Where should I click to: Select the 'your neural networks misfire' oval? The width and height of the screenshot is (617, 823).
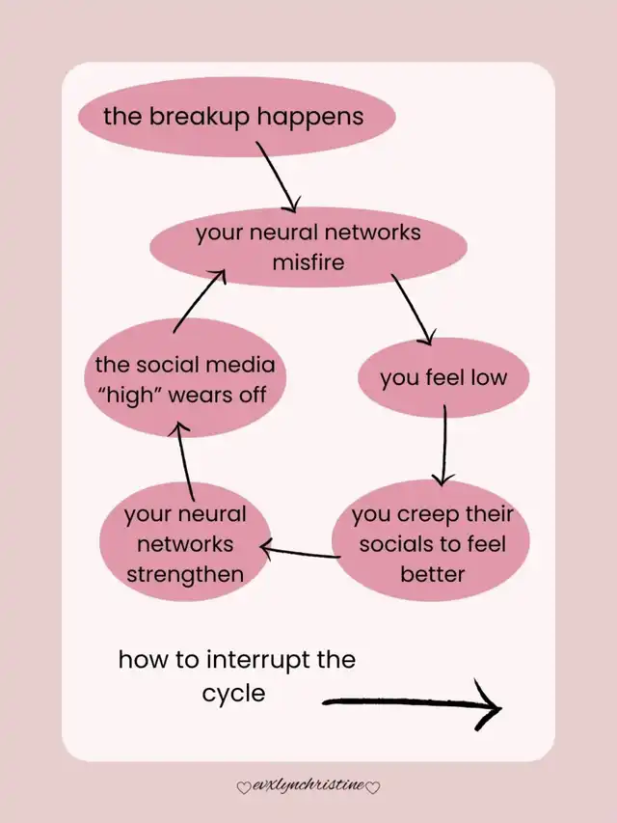click(x=308, y=247)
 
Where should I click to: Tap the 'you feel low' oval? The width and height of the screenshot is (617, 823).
click(x=443, y=377)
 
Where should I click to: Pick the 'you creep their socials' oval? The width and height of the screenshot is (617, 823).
click(x=432, y=543)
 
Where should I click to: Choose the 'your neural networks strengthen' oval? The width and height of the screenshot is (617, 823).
click(x=184, y=544)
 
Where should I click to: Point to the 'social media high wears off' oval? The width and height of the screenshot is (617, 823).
click(x=184, y=379)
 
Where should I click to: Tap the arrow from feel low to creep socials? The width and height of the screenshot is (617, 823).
click(x=443, y=445)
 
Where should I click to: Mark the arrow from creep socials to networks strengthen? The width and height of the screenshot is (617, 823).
click(x=300, y=553)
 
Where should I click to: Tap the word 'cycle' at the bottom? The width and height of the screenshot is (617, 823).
click(x=233, y=693)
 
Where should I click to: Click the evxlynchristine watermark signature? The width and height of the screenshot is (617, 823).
click(x=308, y=786)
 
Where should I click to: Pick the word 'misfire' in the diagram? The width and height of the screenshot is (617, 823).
click(x=308, y=261)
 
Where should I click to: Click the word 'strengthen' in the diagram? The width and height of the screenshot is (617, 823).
click(x=184, y=574)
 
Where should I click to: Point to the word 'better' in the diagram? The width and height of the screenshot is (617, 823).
click(x=432, y=574)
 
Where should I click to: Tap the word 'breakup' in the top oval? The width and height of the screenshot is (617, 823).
click(x=185, y=117)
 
